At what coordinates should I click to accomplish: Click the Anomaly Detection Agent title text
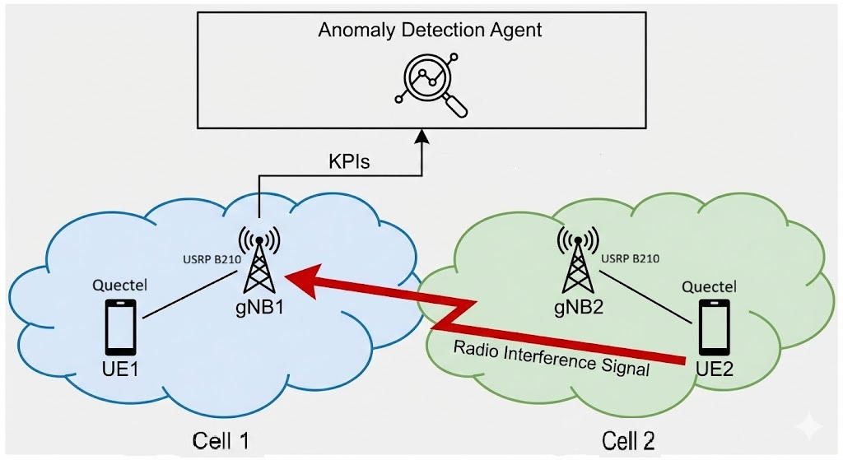[x=430, y=30]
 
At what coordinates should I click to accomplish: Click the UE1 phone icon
[x=120, y=328]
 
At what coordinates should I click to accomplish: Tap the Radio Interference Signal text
[x=552, y=359]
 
